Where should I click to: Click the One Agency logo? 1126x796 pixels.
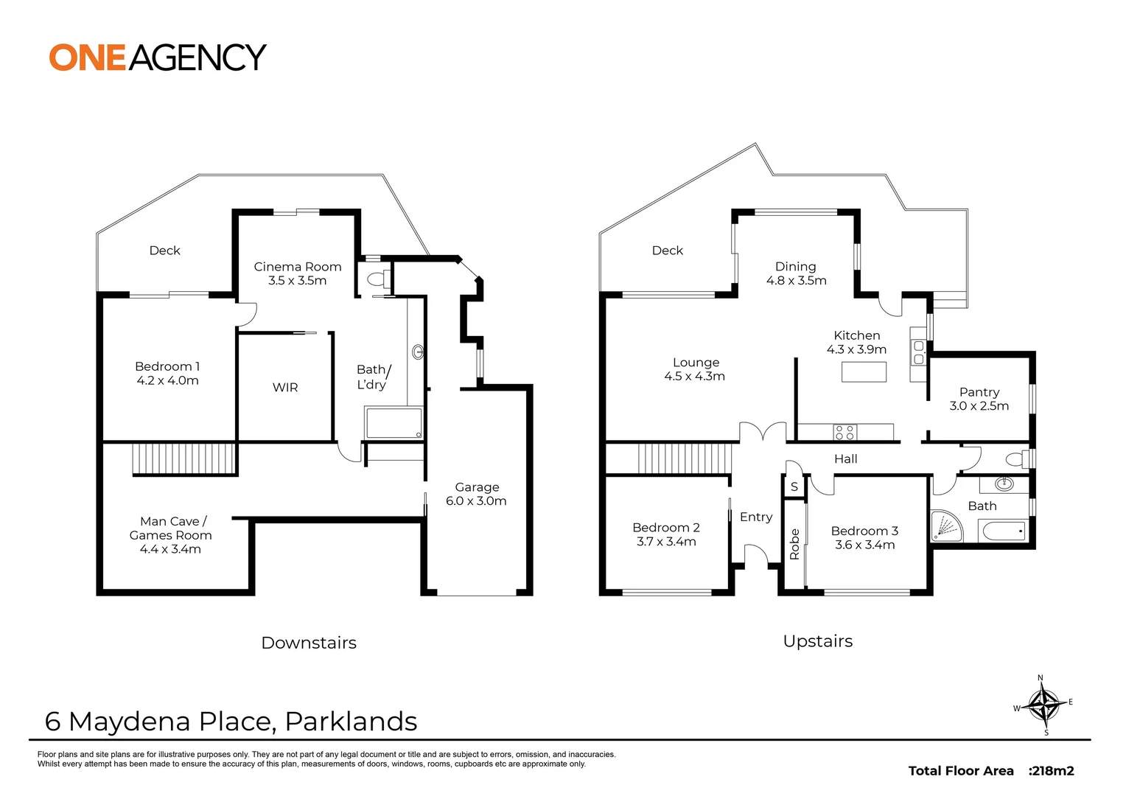pyautogui.click(x=157, y=57)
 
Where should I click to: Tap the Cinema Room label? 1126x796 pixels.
pyautogui.click(x=298, y=267)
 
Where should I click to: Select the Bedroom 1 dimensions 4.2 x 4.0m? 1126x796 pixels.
pyautogui.click(x=168, y=381)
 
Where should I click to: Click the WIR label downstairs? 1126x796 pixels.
pyautogui.click(x=285, y=388)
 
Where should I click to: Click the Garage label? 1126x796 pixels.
pyautogui.click(x=477, y=487)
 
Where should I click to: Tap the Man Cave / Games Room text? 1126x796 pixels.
pyautogui.click(x=171, y=528)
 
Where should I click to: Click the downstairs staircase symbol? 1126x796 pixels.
pyautogui.click(x=184, y=458)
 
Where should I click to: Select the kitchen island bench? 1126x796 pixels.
pyautogui.click(x=864, y=372)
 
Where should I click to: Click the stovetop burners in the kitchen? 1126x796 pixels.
pyautogui.click(x=844, y=433)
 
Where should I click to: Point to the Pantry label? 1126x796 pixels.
pyautogui.click(x=979, y=392)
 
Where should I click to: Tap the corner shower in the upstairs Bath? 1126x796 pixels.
pyautogui.click(x=947, y=526)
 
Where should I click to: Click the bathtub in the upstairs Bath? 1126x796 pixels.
pyautogui.click(x=1003, y=531)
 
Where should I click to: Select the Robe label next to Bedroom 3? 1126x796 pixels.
pyautogui.click(x=794, y=544)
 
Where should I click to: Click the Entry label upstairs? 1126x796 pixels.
pyautogui.click(x=756, y=517)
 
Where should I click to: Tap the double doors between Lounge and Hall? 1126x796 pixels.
pyautogui.click(x=763, y=433)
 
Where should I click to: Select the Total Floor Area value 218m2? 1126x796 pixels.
pyautogui.click(x=1052, y=771)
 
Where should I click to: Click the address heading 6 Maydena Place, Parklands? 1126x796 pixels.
pyautogui.click(x=231, y=722)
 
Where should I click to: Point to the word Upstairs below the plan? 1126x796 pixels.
pyautogui.click(x=818, y=641)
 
